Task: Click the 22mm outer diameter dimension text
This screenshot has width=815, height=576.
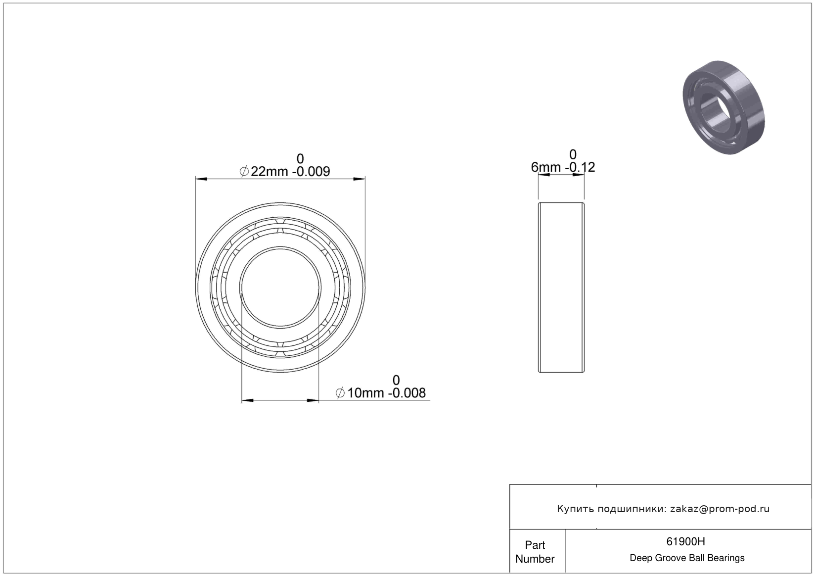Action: coord(269,172)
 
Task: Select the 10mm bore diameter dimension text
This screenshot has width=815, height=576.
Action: coord(365,393)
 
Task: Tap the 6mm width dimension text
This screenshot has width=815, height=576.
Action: coord(546,167)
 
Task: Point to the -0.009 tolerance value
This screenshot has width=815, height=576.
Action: coord(311,172)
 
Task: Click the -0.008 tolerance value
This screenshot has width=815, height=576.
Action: coord(407,393)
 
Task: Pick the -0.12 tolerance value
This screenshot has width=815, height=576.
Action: coord(580,167)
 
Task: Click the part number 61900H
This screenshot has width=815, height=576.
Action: coord(685,541)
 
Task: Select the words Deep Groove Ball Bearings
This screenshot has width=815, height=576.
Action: coord(687,558)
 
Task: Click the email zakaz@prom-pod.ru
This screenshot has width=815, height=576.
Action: coord(720,509)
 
